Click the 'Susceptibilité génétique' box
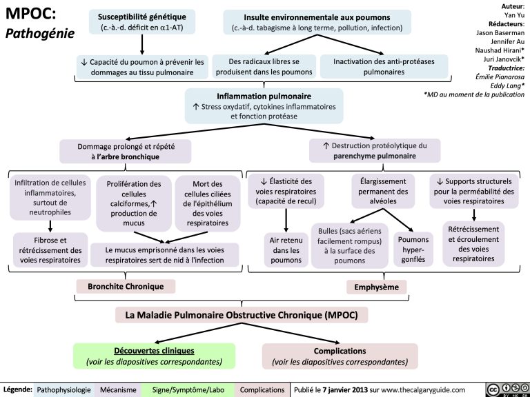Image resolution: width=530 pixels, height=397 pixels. coord(142,22)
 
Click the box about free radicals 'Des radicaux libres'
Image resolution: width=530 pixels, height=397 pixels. coord(264,66)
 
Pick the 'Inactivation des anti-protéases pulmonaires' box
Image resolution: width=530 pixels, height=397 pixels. coord(384,66)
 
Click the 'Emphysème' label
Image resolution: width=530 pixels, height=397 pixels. coord(378,286)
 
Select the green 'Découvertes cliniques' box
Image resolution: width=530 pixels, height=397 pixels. coord(153,356)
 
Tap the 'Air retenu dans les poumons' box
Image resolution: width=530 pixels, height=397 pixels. coord(286,250)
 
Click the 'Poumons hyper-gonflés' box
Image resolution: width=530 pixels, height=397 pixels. coord(413,250)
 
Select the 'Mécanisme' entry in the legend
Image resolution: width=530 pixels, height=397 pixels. coord(118,390)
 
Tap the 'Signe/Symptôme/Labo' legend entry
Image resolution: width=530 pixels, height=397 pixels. coord(188,390)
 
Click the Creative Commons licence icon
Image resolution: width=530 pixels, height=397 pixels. coord(507,389)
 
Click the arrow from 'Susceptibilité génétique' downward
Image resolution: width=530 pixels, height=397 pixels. coord(142,43)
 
